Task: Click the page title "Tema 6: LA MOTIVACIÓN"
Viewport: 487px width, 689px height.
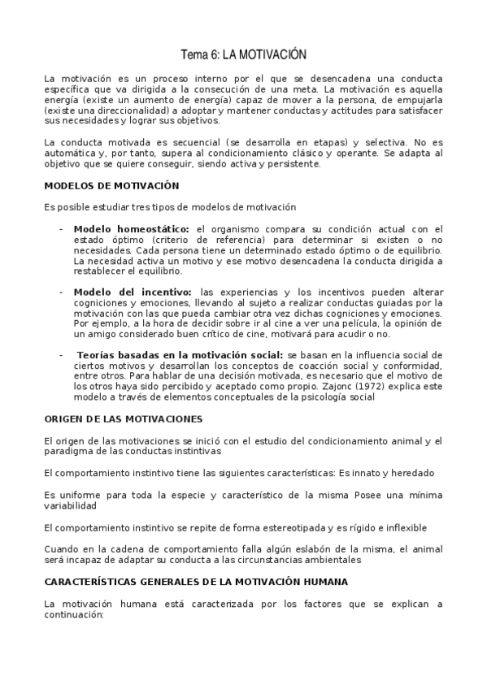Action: point(243,54)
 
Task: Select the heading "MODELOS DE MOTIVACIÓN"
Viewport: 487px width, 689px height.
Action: point(111,185)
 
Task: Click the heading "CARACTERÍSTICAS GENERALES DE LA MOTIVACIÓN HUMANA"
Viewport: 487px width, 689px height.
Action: point(196,582)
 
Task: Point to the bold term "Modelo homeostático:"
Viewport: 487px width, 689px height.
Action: point(132,229)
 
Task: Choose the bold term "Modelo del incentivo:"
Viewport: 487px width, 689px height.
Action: point(133,291)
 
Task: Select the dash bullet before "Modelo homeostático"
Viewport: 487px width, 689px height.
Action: point(61,229)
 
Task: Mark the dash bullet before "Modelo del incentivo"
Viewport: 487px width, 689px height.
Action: point(61,291)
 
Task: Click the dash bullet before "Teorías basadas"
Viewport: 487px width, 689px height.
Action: point(61,355)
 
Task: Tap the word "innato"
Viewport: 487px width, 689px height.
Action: point(368,473)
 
